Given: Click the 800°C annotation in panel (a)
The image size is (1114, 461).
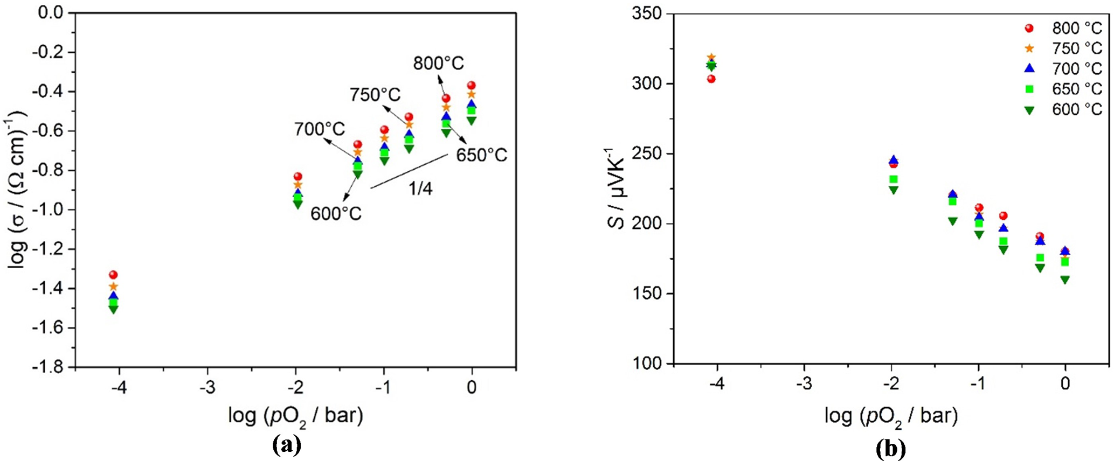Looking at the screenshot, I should point(438,64).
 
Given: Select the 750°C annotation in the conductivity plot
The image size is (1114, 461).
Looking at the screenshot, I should point(375,95).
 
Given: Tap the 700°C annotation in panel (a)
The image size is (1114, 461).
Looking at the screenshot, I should point(320,130).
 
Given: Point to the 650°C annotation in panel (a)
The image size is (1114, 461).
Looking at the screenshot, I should point(481,156).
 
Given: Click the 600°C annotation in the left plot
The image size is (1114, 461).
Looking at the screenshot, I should point(336,214).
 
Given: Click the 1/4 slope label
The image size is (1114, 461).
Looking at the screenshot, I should point(420,188).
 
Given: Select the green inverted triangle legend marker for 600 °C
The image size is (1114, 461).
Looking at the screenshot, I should point(1029,110).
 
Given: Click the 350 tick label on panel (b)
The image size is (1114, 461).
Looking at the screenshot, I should point(647,13).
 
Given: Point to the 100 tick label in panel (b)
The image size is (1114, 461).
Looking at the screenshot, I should point(647,364).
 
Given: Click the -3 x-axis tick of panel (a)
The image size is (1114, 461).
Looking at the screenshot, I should point(207,388).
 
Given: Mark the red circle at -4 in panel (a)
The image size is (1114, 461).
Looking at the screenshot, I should point(113,275).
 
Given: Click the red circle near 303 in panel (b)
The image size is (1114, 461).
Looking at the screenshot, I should point(711,79).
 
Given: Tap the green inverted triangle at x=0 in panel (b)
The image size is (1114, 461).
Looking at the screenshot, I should point(1065,280).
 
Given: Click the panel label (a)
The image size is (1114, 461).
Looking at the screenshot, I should point(286,445).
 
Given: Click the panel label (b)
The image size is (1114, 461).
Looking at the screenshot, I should point(890,448).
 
